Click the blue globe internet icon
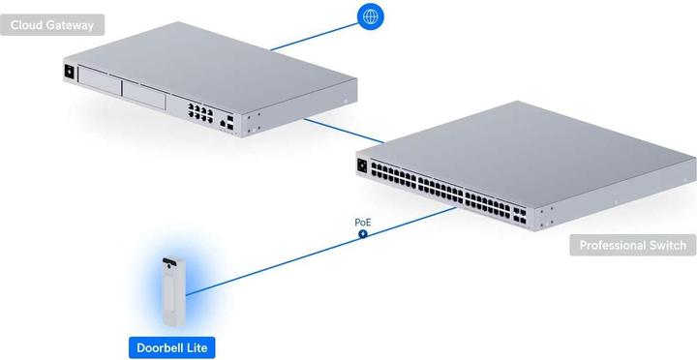[x=369, y=16]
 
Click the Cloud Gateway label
[x=52, y=25]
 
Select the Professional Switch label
[x=632, y=246]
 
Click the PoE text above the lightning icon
[x=363, y=223]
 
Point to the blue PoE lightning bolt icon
[x=363, y=234]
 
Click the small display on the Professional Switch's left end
[x=363, y=165]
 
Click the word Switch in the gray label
[x=664, y=246]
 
